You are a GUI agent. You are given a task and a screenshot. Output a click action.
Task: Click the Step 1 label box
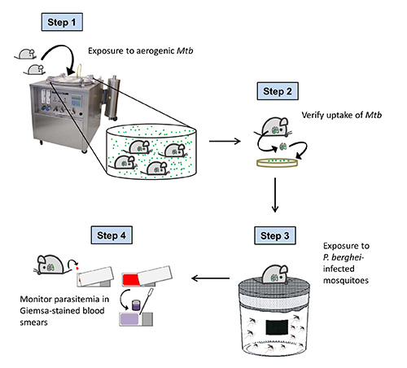pyautogui.click(x=62, y=22)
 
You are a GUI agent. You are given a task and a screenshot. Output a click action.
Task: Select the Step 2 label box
pyautogui.click(x=278, y=91)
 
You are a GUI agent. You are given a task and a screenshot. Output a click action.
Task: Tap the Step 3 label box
pyautogui.click(x=275, y=235)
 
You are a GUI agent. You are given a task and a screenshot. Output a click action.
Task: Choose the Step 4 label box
pyautogui.click(x=112, y=235)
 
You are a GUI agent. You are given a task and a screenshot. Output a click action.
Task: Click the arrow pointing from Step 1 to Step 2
pyautogui.click(x=225, y=141)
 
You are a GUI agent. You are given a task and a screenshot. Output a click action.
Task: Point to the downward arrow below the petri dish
pyautogui.click(x=275, y=195)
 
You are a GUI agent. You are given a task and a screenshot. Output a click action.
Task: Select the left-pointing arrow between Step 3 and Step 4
pyautogui.click(x=211, y=278)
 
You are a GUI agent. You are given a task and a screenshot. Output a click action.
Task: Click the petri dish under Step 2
pyautogui.click(x=277, y=163)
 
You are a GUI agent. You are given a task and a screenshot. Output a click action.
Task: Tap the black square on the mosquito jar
pyautogui.click(x=277, y=327)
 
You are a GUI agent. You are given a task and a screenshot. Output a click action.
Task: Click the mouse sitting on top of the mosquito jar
pyautogui.click(x=275, y=274)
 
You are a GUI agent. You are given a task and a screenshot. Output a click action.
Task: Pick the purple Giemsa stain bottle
pyautogui.click(x=135, y=304)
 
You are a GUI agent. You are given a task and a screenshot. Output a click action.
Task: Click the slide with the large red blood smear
pyautogui.click(x=147, y=276)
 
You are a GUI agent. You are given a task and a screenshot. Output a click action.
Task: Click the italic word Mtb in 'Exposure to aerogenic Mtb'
pyautogui.click(x=185, y=50)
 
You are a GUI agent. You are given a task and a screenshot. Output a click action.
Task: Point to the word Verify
pyautogui.click(x=313, y=116)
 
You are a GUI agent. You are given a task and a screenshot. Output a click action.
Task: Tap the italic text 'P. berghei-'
pyautogui.click(x=344, y=257)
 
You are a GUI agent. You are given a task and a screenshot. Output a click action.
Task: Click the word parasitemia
pyautogui.click(x=77, y=300)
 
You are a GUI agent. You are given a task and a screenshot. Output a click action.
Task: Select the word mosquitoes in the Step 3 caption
pyautogui.click(x=346, y=280)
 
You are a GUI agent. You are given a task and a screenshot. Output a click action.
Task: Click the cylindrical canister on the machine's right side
pyautogui.click(x=112, y=99)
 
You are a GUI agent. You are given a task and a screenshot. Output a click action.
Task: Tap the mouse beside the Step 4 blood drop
pyautogui.click(x=50, y=265)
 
